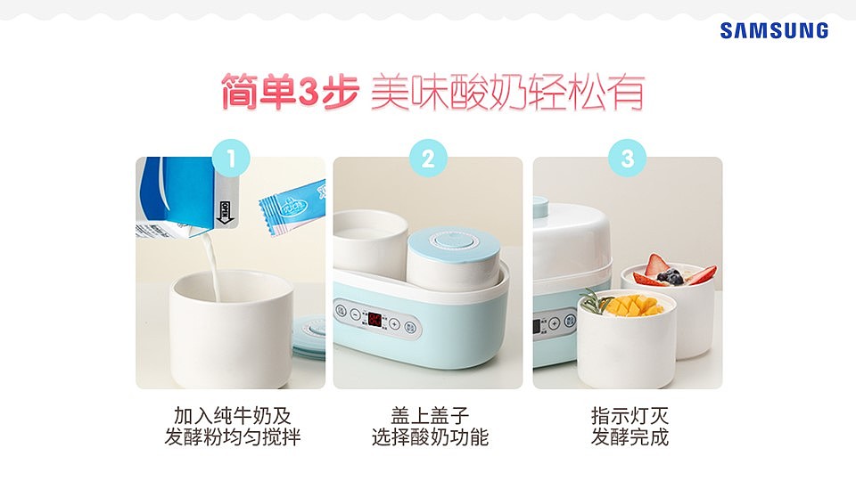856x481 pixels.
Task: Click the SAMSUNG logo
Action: pyautogui.click(x=774, y=31)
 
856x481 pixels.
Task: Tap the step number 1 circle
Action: pyautogui.click(x=230, y=159)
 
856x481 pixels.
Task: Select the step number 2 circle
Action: pyautogui.click(x=428, y=159)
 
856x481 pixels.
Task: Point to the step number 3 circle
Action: pyautogui.click(x=627, y=159)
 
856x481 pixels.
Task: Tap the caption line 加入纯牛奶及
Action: pyautogui.click(x=232, y=416)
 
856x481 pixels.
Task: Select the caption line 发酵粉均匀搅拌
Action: pyautogui.click(x=232, y=438)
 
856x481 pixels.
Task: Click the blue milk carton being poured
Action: pyautogui.click(x=174, y=196)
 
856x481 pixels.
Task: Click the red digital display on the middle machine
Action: pyautogui.click(x=375, y=319)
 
